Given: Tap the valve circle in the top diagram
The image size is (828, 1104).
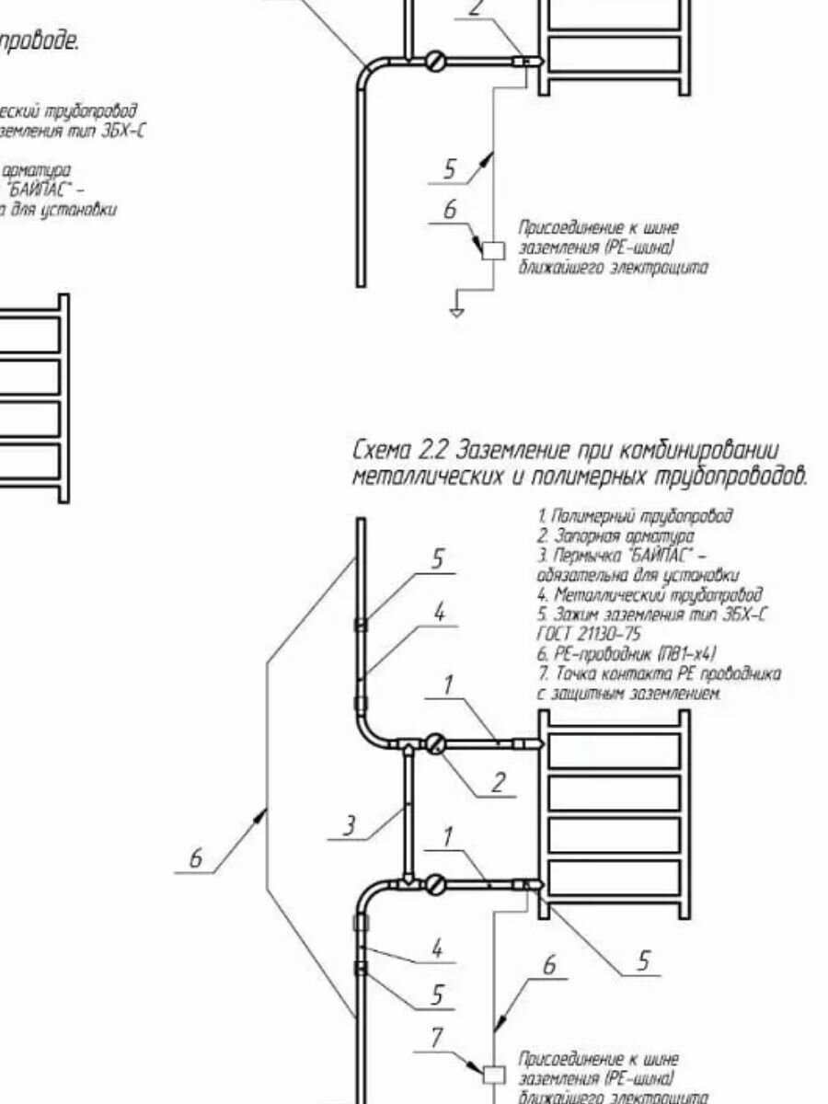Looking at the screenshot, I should coord(435,63).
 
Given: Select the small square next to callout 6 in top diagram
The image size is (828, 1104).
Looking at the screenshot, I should coord(494,249).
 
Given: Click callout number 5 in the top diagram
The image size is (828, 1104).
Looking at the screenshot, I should coord(449,169).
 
